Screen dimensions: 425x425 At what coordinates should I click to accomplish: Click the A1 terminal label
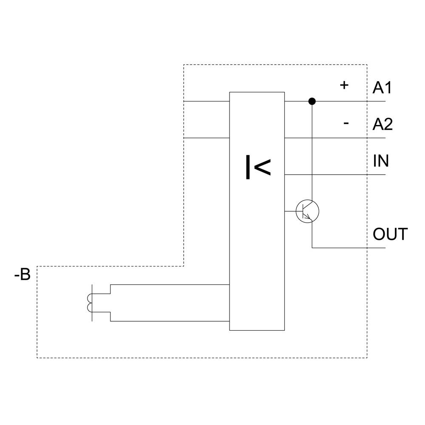pos(382,88)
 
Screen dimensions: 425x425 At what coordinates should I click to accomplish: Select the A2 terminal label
pos(382,125)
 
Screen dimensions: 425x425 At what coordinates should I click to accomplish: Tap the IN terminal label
pos(381,161)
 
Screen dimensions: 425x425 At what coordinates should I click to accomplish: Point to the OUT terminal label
pos(390,234)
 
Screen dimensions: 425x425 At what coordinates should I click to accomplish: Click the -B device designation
pos(22,275)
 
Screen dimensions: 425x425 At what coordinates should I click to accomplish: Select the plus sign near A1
pos(344,85)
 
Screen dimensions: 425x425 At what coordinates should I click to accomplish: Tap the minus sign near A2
pos(346,123)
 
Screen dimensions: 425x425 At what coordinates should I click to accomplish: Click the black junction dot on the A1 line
pos(312,101)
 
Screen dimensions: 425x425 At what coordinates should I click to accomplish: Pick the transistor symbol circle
pos(308,211)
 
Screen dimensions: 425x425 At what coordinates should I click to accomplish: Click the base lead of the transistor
pos(291,211)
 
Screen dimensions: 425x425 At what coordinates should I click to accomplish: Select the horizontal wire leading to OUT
pos(348,248)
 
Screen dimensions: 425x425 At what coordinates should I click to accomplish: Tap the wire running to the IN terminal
pos(336,175)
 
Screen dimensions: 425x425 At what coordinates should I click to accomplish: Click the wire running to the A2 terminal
pos(336,138)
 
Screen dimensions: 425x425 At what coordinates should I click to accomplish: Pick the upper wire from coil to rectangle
pos(170,284)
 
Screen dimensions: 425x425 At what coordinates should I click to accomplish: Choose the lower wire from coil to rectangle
pos(170,321)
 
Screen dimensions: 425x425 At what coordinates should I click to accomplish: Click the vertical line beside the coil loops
pos(92,303)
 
